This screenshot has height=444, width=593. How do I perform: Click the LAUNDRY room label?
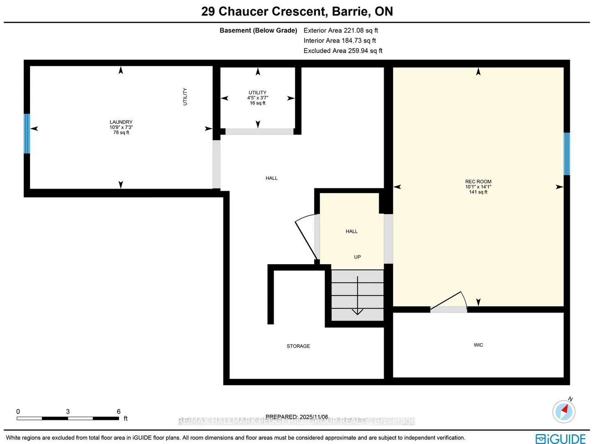click(121, 122)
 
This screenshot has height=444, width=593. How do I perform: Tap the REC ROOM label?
click(478, 182)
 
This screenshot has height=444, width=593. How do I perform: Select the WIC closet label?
click(478, 345)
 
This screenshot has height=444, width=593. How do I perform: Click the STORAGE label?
click(298, 346)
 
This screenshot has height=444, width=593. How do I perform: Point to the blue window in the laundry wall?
click(27, 133)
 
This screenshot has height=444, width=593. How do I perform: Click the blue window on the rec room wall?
click(567, 154)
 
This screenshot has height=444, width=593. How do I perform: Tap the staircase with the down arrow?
click(357, 295)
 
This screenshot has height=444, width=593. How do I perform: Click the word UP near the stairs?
click(357, 257)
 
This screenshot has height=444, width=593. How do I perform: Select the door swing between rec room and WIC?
click(449, 302)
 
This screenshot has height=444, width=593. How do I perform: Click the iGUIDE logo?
click(561, 439)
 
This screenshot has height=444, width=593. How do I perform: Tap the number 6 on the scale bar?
click(119, 412)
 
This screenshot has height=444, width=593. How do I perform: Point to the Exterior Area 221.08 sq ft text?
click(341, 31)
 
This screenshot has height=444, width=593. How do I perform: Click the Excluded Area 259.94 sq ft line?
click(343, 51)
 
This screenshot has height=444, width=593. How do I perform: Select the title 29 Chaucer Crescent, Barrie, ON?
click(297, 11)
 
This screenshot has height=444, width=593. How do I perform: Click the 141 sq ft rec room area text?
click(478, 192)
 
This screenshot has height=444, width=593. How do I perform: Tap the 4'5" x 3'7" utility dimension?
click(258, 98)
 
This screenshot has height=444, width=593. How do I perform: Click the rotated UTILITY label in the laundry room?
click(185, 97)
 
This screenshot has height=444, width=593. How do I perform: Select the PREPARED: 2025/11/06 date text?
click(297, 417)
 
